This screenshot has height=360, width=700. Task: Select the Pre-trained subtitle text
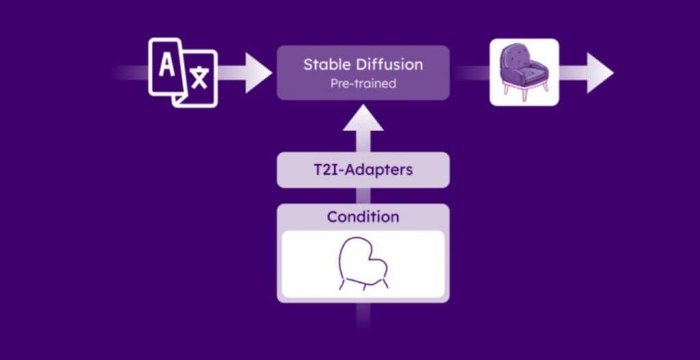(363, 83)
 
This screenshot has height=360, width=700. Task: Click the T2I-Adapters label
(363, 170)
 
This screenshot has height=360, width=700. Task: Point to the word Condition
(363, 217)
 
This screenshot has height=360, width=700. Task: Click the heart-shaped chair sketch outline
(363, 263)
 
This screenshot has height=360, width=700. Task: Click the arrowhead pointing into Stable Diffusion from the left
(258, 72)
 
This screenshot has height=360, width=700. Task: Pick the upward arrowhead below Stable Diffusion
(363, 117)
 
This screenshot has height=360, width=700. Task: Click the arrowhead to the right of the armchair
(600, 72)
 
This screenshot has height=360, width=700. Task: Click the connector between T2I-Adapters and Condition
(363, 196)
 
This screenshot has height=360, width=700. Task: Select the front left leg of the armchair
(507, 89)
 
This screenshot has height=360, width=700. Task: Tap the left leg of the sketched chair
(342, 285)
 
